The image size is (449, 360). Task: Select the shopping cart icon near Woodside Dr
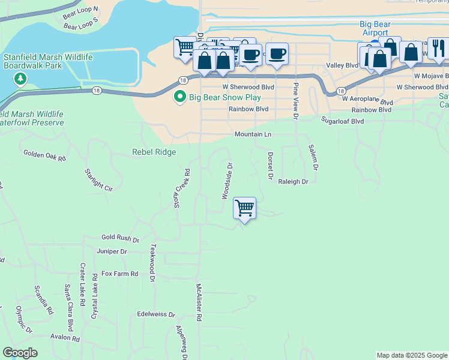tap(244, 208)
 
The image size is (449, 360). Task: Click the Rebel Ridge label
tap(154, 152)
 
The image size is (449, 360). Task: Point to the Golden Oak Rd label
tap(44, 155)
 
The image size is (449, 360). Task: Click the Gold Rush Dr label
tap(120, 238)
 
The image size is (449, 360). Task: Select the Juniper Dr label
tap(111, 252)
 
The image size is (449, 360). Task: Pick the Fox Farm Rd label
tap(119, 274)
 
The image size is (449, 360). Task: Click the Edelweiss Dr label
tap(155, 314)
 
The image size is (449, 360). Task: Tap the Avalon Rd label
tap(65, 338)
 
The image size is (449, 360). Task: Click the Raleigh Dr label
tap(293, 181)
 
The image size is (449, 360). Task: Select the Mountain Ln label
tap(253, 134)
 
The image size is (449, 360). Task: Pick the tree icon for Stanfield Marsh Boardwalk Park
tap(20, 79)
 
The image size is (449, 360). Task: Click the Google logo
tap(20, 353)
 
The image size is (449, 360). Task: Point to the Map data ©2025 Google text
tap(411, 355)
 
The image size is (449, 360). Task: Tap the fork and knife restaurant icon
tap(438, 49)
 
